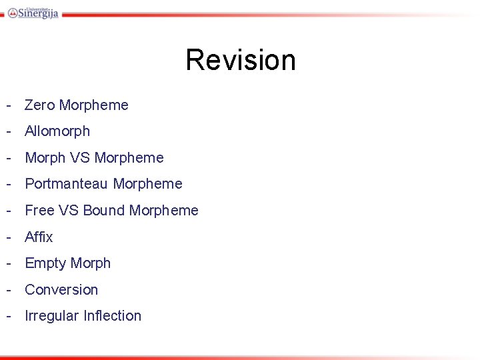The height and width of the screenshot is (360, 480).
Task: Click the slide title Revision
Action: point(240,59)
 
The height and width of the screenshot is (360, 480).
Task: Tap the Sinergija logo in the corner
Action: point(33,12)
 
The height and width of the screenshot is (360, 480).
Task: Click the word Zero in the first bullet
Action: point(39,105)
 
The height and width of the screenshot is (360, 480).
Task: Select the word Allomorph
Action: point(57,131)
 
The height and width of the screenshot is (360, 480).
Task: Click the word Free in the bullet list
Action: point(39,211)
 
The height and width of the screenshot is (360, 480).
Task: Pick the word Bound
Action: point(104,211)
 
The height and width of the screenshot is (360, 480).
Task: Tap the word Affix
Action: point(39,237)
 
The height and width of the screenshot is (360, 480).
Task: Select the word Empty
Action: point(44,263)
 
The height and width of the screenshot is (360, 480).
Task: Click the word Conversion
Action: point(61,290)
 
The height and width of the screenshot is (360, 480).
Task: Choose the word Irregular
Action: point(51,316)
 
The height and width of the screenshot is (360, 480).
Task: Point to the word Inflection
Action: point(112,316)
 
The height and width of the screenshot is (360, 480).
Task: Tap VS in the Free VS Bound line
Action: point(69,211)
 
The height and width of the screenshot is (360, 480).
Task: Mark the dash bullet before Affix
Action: point(9,237)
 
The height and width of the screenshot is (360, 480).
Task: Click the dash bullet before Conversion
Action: point(9,290)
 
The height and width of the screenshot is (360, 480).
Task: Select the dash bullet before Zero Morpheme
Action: point(9,105)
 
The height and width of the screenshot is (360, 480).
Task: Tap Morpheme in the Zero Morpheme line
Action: point(93,105)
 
